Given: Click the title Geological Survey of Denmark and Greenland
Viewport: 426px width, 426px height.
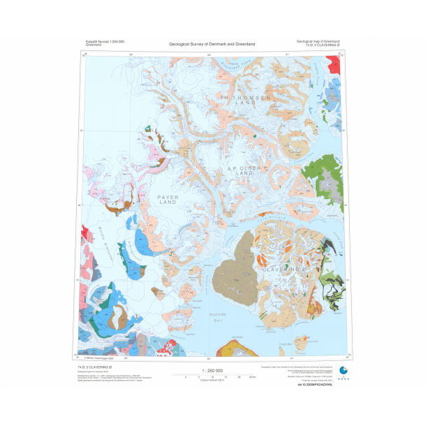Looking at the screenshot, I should (212, 44).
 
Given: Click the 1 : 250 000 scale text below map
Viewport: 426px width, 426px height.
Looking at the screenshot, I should (212, 371).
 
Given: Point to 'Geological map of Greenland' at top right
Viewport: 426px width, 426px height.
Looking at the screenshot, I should (318, 42).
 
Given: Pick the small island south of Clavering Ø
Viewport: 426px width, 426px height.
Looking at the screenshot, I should (302, 342).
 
